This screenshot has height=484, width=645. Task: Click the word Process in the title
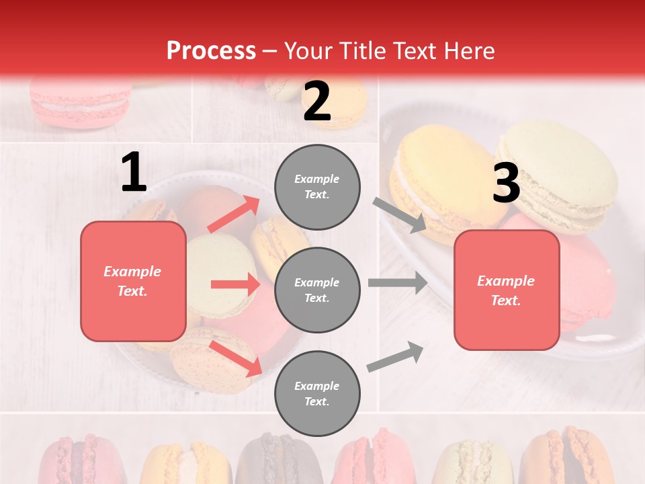pos(211,50)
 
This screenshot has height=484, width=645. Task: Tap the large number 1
pos(134,173)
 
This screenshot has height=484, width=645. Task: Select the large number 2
pos(317,102)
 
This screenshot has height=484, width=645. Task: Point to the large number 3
pos(506,184)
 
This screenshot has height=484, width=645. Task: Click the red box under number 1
pos(133,281)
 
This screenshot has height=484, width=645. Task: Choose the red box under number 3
pos(507,290)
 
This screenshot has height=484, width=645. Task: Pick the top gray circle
pos(317,187)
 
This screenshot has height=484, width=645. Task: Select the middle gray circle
pos(317,290)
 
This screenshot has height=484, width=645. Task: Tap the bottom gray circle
pos(317,393)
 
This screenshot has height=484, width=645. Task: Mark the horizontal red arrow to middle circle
pos(235,284)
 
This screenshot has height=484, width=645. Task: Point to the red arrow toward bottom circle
pos(236,358)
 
